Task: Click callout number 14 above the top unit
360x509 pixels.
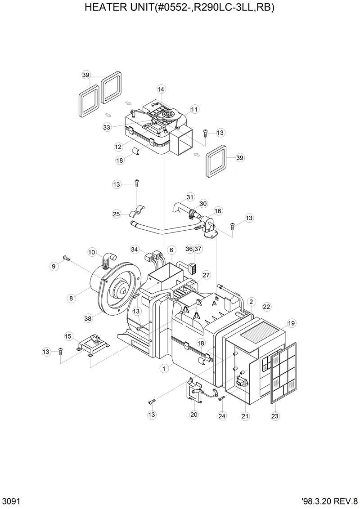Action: point(161,89)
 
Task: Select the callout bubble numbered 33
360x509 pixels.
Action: point(107,127)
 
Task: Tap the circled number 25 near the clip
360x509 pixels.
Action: point(117,214)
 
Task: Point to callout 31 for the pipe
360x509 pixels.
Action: point(190,197)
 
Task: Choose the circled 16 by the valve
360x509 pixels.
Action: point(218,210)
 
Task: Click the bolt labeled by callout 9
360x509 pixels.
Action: point(66,258)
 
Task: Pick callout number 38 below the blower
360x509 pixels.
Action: point(88,318)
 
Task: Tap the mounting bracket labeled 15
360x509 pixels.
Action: point(94,345)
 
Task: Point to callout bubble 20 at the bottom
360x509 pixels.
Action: point(194,414)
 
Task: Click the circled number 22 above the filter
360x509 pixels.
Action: point(266,307)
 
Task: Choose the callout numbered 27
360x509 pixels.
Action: point(206,275)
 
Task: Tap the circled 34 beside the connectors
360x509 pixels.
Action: point(135,249)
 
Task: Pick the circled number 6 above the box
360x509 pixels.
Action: point(171,249)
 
